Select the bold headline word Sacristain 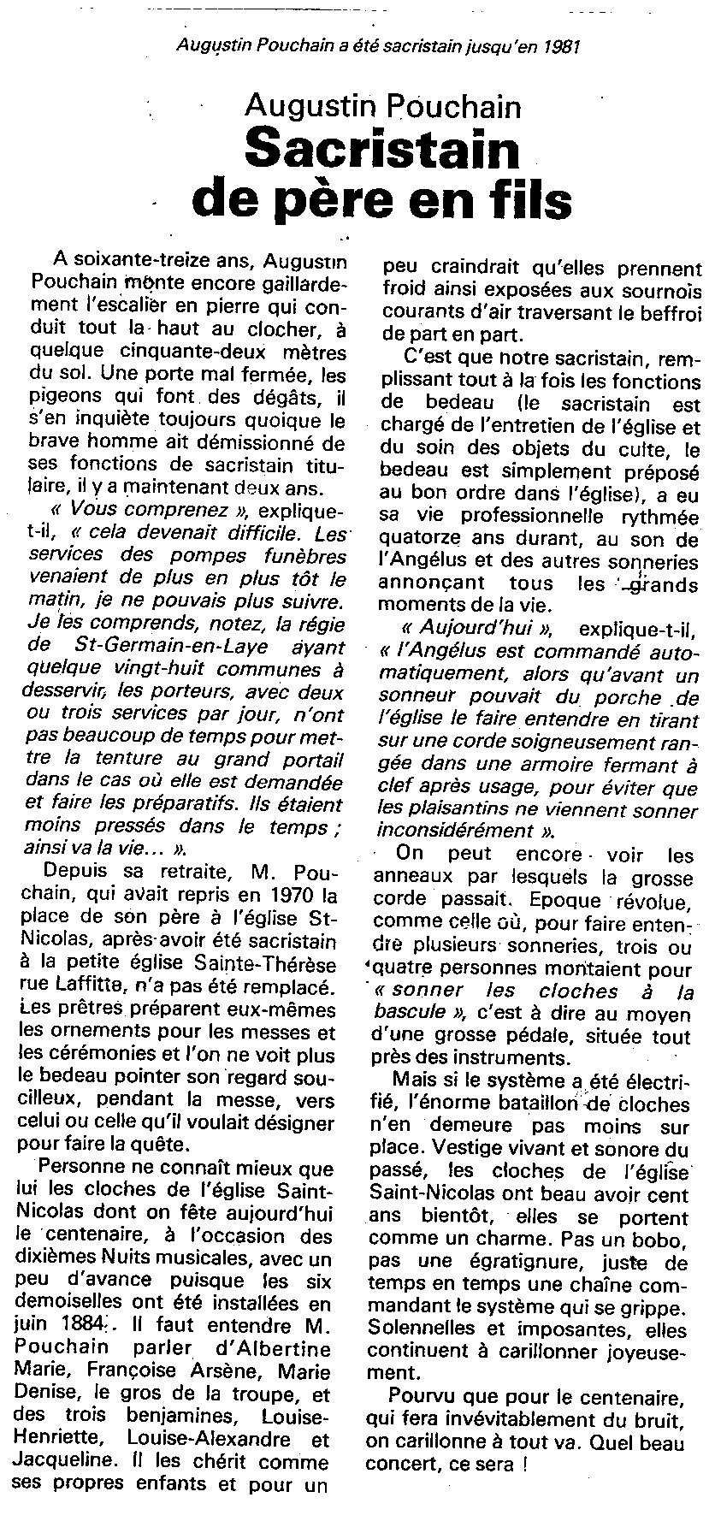pyautogui.click(x=381, y=151)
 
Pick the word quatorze pyautogui.click(x=419, y=539)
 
